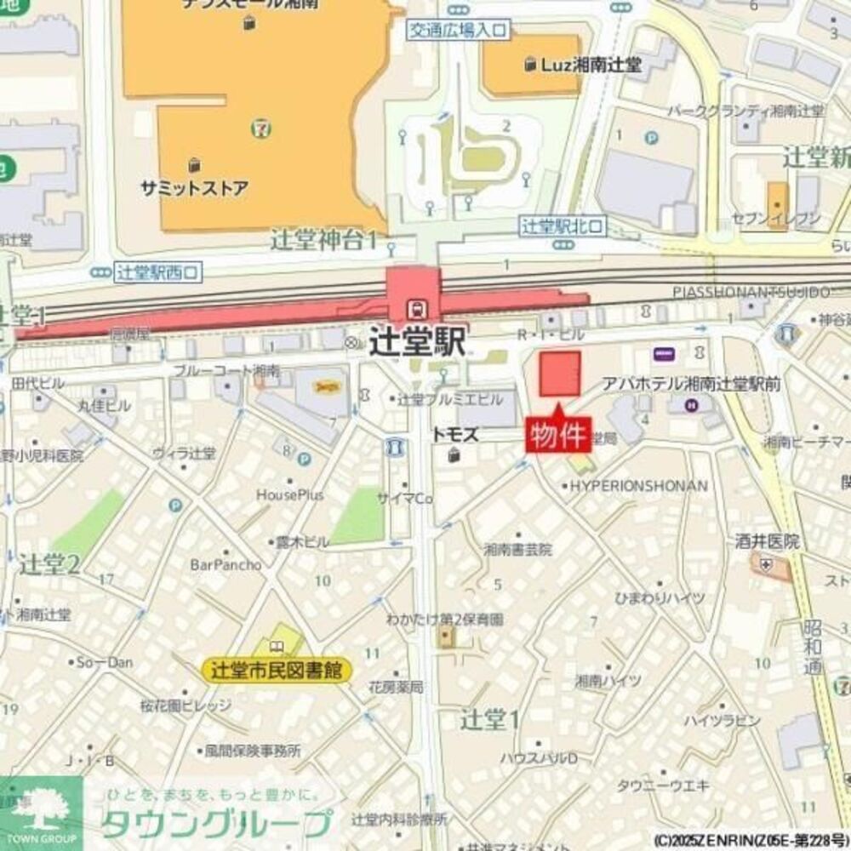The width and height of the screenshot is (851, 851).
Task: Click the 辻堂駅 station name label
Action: click(x=418, y=343)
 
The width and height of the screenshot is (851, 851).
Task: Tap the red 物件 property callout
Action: click(x=558, y=435)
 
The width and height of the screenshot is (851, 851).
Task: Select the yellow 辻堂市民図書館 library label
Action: click(x=277, y=671)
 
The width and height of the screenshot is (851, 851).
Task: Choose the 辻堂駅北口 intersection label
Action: click(x=563, y=226)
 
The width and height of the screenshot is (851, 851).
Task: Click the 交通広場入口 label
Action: click(x=457, y=31)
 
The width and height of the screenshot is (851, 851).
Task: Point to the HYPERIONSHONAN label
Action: click(x=638, y=486)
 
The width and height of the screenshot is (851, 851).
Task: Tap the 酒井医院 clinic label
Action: click(x=768, y=541)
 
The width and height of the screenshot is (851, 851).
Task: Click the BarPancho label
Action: click(x=225, y=564)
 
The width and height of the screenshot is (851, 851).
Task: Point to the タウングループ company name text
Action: click(x=217, y=824)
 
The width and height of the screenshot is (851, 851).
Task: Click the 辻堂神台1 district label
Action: click(x=323, y=240)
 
